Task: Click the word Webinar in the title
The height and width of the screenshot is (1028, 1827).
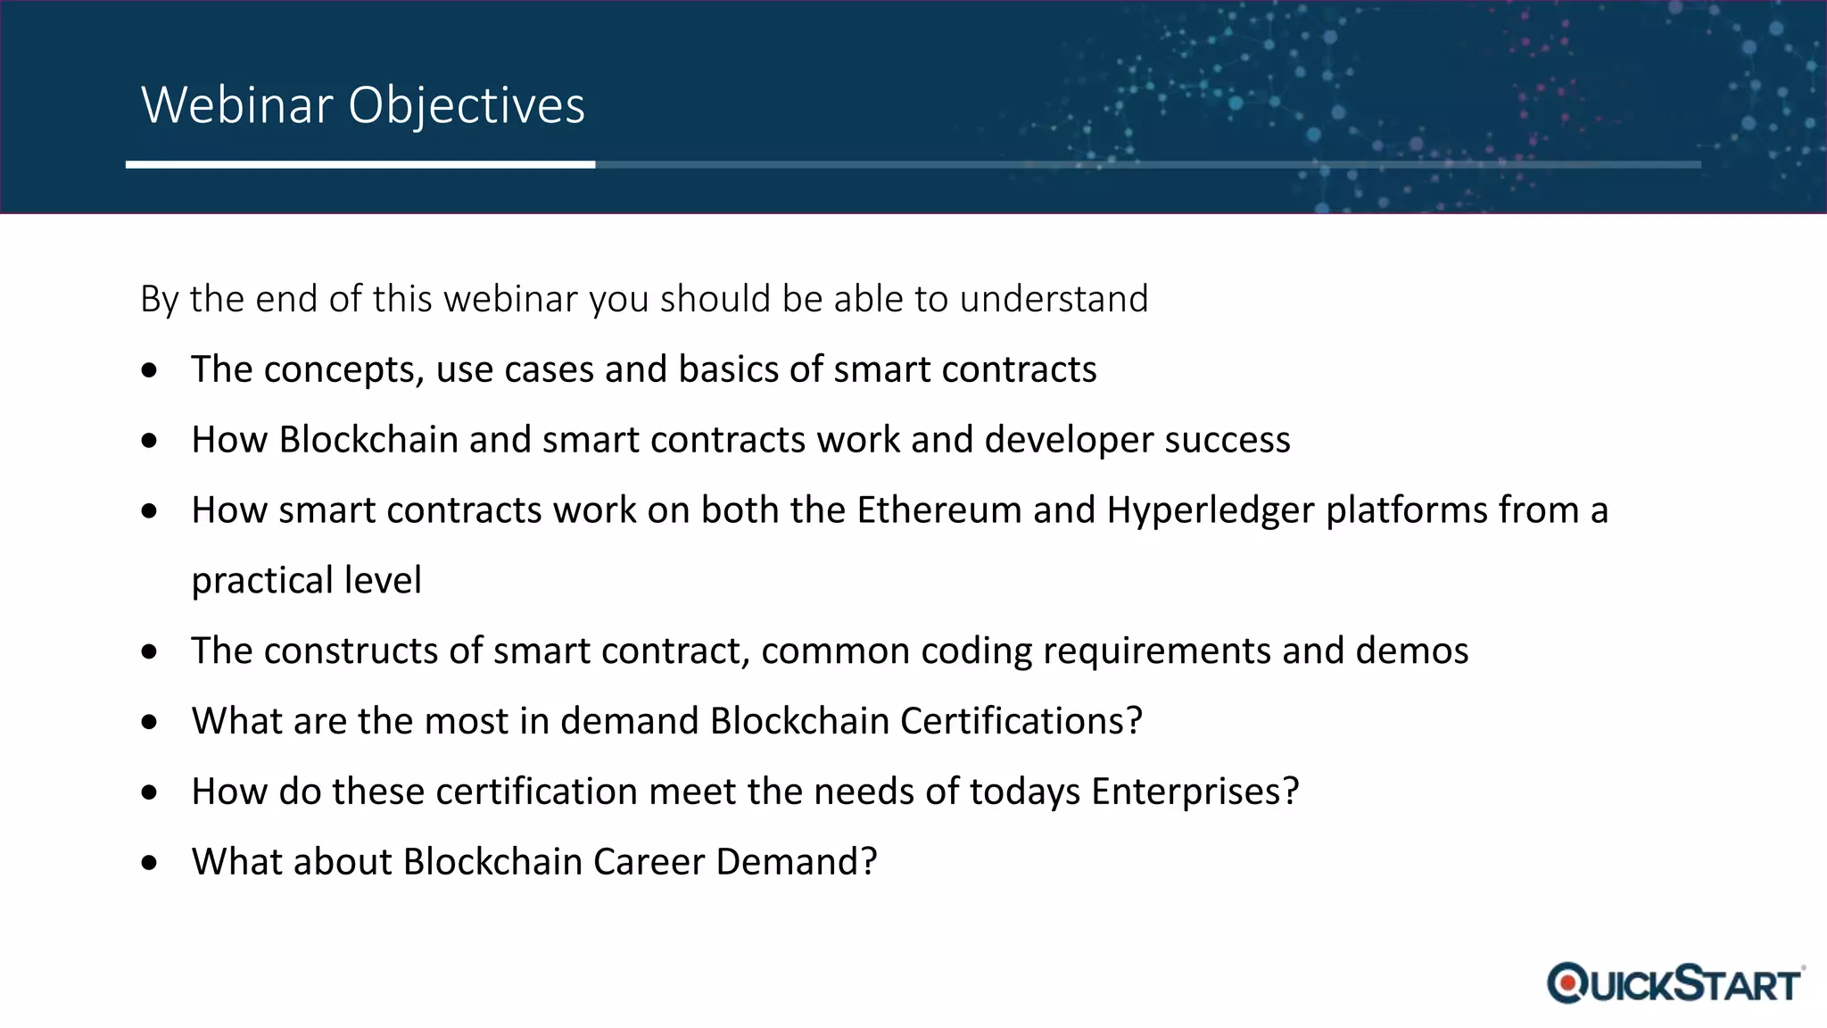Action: pos(237,105)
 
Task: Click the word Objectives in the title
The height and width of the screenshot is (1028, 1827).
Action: pos(466,105)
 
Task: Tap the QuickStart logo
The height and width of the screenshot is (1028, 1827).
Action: pos(1675,983)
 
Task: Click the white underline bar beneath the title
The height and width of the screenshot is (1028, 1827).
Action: pos(360,164)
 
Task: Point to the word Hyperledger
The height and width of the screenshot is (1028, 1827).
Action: pos(1211,510)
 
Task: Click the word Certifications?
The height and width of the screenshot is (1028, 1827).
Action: pos(1021,721)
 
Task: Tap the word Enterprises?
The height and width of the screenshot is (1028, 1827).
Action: pos(1195,792)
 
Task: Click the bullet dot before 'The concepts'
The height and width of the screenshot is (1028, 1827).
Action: pos(150,370)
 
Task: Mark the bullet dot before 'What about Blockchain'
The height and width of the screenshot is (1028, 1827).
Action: pos(150,863)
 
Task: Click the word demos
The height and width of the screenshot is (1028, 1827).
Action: pos(1411,651)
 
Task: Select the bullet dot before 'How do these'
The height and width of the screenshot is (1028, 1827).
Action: pos(150,792)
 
